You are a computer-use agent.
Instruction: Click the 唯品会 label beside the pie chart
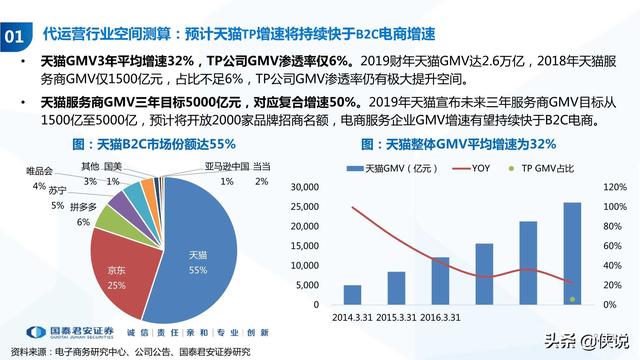pos(38,172)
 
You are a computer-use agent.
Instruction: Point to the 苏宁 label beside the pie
pos(57,190)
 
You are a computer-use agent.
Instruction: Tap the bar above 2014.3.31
pos(352,294)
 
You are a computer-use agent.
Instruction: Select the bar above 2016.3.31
pos(440,280)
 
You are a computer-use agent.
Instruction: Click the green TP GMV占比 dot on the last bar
pos(572,298)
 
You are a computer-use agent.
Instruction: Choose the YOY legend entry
pos(481,167)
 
